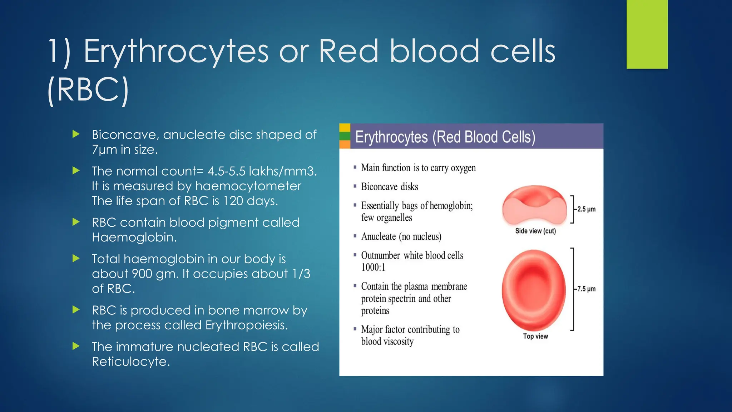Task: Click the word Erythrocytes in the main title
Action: (176, 52)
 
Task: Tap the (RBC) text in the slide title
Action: (88, 90)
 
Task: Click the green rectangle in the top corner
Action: (647, 34)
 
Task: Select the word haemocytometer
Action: (248, 186)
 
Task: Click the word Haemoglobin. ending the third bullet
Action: (134, 237)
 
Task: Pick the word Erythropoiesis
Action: (247, 325)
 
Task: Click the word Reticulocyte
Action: (131, 362)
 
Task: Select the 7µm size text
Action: (105, 149)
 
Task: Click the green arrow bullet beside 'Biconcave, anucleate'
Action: (76, 134)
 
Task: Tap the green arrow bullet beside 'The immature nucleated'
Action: (76, 346)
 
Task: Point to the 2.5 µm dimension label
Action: (586, 209)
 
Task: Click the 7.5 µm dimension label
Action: (586, 289)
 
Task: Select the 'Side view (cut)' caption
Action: (535, 231)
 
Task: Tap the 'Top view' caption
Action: (535, 336)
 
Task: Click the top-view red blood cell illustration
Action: (534, 290)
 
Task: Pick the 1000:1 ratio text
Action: (373, 268)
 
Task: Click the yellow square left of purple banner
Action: (345, 128)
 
